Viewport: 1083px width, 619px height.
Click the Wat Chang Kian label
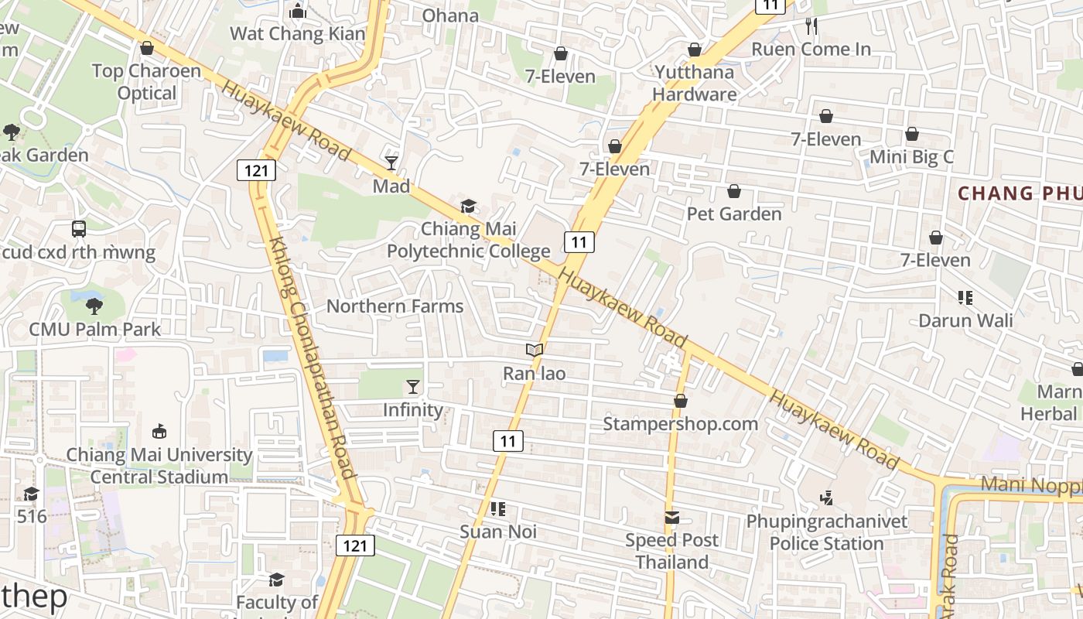tap(297, 33)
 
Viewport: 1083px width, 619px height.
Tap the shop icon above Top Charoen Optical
tap(147, 49)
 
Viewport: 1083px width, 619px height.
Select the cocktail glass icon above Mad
tap(391, 162)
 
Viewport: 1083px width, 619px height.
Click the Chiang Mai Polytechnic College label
tap(469, 240)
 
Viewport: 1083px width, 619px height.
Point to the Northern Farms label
tap(395, 306)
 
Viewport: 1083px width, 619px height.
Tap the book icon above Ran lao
tap(535, 351)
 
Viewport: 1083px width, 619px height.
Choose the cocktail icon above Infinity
tap(413, 387)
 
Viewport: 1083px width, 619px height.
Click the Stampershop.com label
tap(680, 424)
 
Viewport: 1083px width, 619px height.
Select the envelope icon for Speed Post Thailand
tap(671, 517)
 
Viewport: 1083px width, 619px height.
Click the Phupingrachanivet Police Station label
tap(826, 532)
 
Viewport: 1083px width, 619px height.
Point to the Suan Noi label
tap(498, 532)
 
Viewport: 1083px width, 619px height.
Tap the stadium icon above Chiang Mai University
tap(159, 431)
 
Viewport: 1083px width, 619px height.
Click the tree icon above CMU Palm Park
tap(94, 306)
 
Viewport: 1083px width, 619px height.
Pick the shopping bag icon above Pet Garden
tap(734, 191)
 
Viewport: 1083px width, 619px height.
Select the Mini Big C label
tap(911, 157)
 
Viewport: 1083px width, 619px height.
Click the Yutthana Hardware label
tap(694, 84)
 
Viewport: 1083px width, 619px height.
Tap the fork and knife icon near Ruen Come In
tap(811, 26)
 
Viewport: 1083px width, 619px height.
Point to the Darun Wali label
tap(965, 320)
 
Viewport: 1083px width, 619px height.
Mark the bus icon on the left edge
tap(79, 229)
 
